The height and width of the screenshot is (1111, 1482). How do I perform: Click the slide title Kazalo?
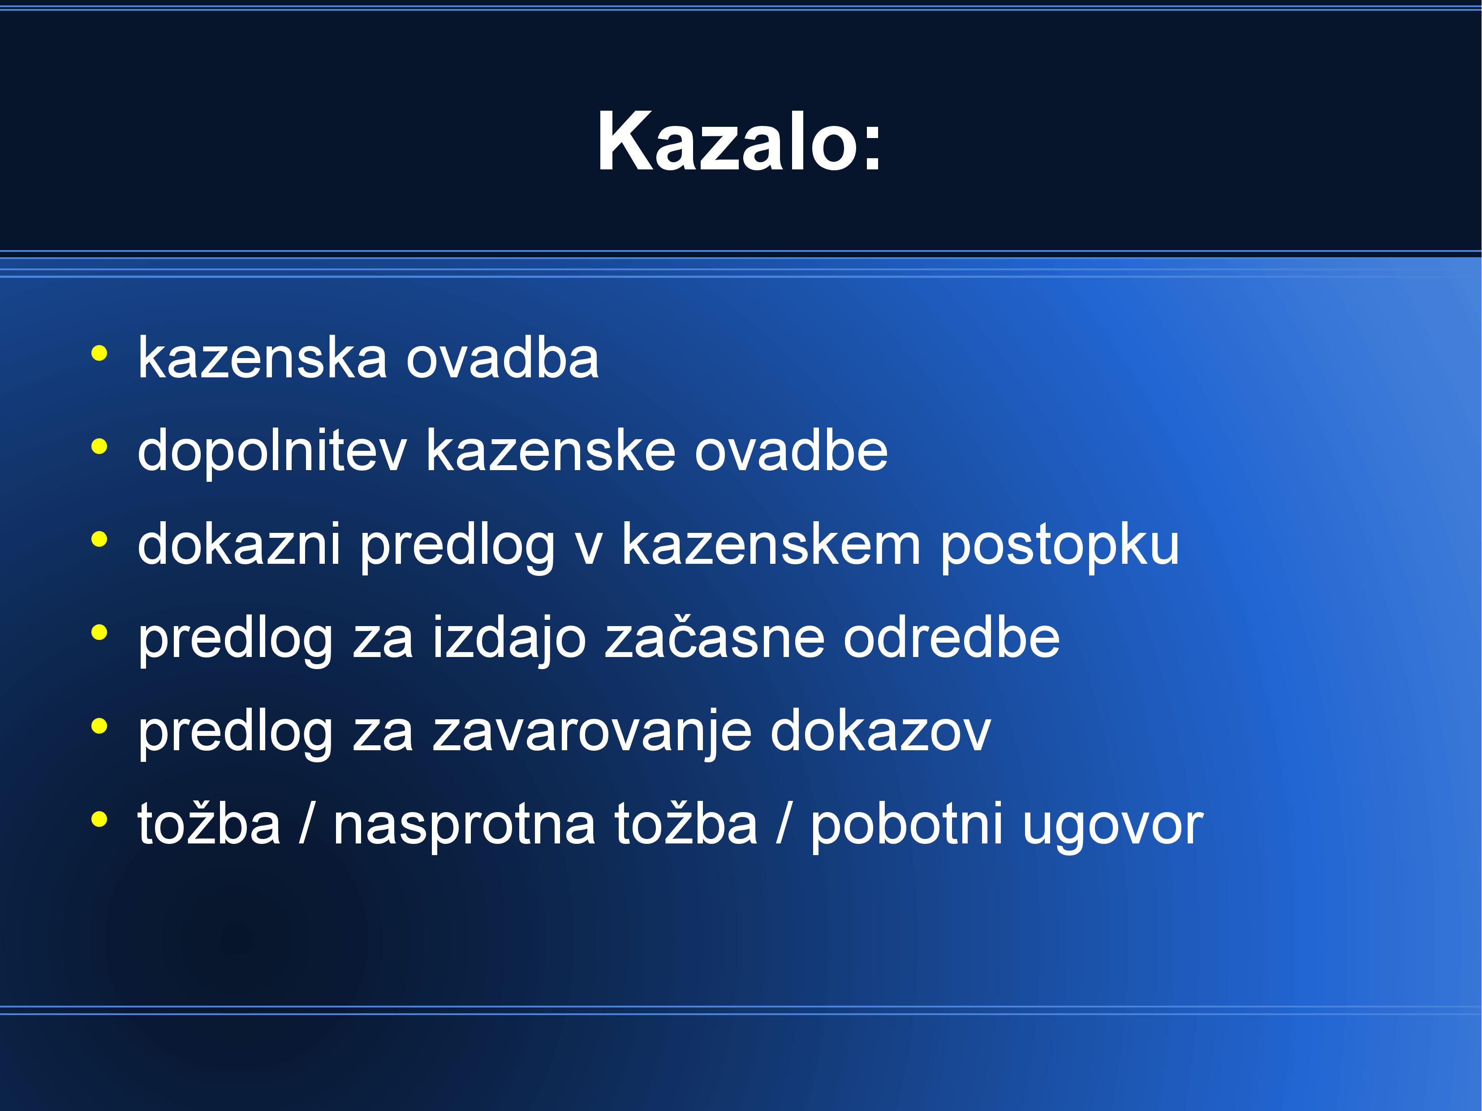(740, 141)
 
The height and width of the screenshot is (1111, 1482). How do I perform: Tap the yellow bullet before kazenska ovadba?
(99, 353)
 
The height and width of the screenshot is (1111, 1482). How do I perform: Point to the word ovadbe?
(791, 450)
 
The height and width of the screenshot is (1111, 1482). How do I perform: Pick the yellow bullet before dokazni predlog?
(99, 540)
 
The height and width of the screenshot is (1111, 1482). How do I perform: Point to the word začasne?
(714, 637)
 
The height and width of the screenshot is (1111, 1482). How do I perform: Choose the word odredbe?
(952, 637)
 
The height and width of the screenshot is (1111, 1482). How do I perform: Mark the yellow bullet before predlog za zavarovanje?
(99, 726)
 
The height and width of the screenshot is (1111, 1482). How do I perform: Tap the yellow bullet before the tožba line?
(99, 819)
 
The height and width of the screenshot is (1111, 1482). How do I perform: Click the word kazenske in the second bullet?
(551, 450)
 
